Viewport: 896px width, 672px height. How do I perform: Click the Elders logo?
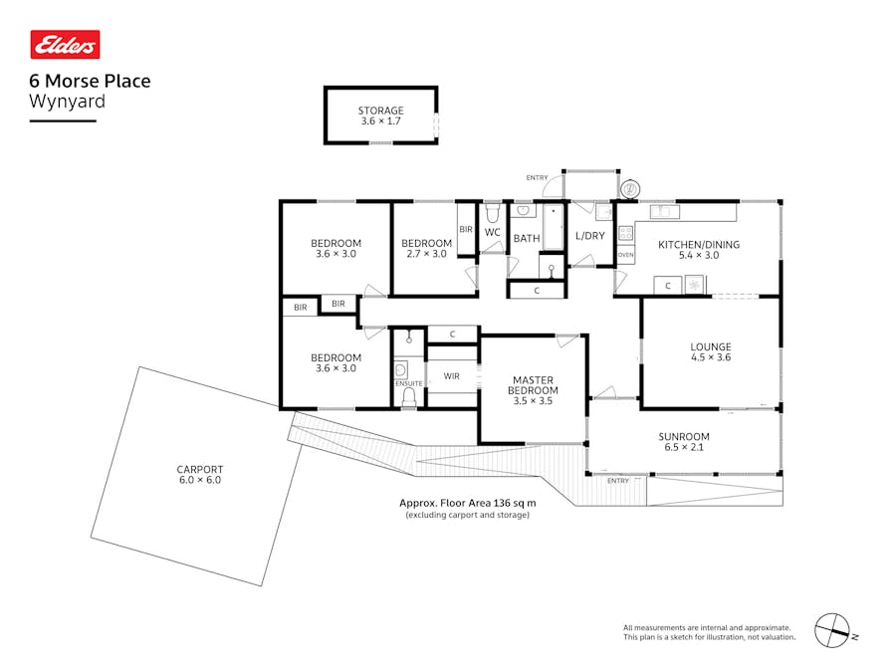(65, 45)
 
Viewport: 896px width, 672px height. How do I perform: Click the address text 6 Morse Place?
(91, 81)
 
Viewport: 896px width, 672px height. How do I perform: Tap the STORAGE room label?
(380, 111)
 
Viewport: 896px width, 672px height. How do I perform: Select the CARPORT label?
(199, 469)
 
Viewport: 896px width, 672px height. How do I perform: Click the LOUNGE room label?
(711, 347)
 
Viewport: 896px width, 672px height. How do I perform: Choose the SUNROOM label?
(683, 436)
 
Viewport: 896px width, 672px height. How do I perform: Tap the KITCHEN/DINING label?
(699, 244)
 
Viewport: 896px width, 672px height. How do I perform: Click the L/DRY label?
(590, 236)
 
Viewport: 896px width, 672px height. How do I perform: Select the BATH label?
(527, 239)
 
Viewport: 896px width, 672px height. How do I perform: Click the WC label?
(493, 232)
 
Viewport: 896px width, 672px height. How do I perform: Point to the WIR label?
(451, 376)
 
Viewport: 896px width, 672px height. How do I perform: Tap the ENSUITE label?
(408, 383)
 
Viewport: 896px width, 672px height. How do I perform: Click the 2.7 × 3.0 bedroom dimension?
(426, 254)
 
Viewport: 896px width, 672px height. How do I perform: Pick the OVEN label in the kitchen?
(625, 255)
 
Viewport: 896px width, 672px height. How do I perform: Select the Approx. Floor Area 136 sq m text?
(467, 503)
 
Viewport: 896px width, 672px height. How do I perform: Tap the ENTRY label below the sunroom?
(618, 481)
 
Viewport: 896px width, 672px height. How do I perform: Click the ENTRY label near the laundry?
(538, 177)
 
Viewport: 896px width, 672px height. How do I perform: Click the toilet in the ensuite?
(408, 397)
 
